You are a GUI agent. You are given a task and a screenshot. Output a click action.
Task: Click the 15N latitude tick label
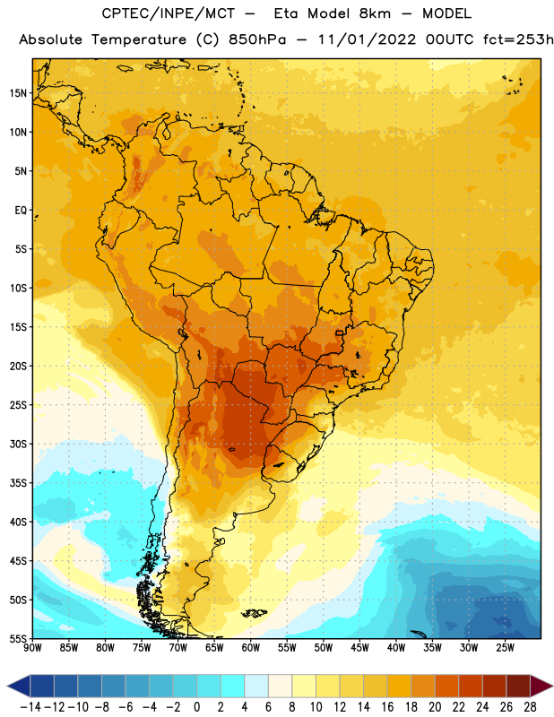(x=18, y=93)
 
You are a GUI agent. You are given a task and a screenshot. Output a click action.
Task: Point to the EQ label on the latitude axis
(x=21, y=211)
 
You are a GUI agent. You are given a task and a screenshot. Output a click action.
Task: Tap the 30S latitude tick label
(x=18, y=444)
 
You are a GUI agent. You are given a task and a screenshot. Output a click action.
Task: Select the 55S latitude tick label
(x=18, y=639)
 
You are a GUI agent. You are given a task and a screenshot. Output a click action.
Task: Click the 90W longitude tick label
(x=33, y=647)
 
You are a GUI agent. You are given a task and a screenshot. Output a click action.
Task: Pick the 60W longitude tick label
(x=251, y=647)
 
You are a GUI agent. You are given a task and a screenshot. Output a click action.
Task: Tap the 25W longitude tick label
(x=505, y=647)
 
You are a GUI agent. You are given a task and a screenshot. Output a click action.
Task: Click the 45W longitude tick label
(x=360, y=647)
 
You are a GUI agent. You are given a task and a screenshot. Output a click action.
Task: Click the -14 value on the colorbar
(x=30, y=707)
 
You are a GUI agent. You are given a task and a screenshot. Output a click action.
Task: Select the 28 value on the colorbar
(x=530, y=707)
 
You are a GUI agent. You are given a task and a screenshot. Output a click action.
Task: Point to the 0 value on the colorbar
(x=196, y=707)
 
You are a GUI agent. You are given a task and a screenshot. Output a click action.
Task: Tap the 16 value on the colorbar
(x=387, y=707)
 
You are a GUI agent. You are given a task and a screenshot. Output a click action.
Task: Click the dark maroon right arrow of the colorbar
(x=541, y=686)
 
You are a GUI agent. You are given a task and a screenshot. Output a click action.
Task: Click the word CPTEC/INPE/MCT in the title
(x=169, y=13)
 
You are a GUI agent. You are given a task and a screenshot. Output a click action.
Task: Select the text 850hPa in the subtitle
(x=257, y=39)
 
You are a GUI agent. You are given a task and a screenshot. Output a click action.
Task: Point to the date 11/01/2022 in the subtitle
(x=367, y=39)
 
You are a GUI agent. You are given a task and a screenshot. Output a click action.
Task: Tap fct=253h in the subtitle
(x=518, y=39)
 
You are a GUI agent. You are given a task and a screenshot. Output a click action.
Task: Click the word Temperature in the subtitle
(x=139, y=39)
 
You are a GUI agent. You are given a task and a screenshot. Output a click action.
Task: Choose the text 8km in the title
(x=375, y=13)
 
